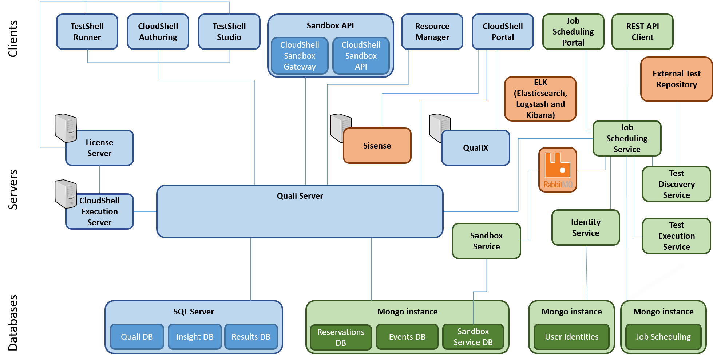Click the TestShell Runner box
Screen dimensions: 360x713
[x=87, y=32]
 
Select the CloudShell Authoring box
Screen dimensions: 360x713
[x=158, y=32]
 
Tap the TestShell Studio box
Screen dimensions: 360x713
[x=229, y=32]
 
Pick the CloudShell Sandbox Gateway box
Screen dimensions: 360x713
[x=300, y=56]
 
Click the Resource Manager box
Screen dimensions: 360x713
[x=432, y=32]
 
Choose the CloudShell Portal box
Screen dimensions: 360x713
[x=503, y=32]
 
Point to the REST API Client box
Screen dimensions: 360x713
[x=642, y=32]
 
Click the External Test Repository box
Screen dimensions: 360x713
[x=676, y=79]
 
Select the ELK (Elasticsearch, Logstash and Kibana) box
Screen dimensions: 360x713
[x=540, y=99]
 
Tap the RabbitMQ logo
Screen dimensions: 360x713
[x=558, y=170]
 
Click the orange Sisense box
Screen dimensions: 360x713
[x=377, y=146]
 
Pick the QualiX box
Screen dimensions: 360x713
[x=475, y=148]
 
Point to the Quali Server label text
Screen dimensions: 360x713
[x=300, y=196]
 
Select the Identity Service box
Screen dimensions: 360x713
[x=586, y=228]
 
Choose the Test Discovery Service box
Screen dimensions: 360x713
[x=676, y=184]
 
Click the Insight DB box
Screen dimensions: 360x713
[x=195, y=337]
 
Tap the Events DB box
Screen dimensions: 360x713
[x=407, y=337]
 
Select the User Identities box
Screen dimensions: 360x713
[x=571, y=337]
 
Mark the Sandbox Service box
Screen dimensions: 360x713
[x=486, y=241]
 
